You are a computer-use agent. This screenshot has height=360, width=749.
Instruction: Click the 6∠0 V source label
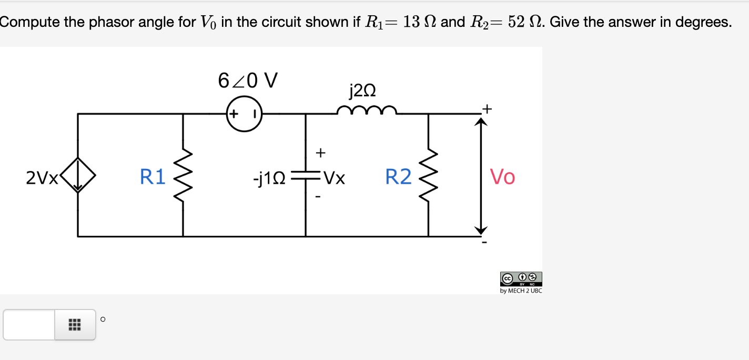[248, 81]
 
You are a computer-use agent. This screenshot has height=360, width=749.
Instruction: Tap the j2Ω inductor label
[362, 91]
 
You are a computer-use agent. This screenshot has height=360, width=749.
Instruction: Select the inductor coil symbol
[367, 110]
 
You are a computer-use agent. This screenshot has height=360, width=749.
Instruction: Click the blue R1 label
[153, 177]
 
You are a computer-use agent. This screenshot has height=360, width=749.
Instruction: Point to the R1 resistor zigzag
[183, 177]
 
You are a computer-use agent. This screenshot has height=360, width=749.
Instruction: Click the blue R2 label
[398, 177]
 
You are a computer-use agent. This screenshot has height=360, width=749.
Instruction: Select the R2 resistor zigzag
[428, 177]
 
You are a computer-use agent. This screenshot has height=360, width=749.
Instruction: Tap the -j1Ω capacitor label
[269, 179]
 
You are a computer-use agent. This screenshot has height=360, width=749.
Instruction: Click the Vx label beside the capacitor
[334, 179]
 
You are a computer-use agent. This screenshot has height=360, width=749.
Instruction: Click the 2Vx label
[42, 179]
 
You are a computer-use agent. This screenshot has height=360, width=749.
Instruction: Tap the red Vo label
[502, 177]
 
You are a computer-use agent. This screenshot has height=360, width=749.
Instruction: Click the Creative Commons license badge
[521, 278]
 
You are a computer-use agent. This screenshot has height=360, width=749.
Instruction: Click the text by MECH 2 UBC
[521, 291]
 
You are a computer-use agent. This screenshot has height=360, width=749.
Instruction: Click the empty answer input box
[29, 325]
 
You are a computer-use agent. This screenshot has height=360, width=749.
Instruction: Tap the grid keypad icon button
[75, 325]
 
